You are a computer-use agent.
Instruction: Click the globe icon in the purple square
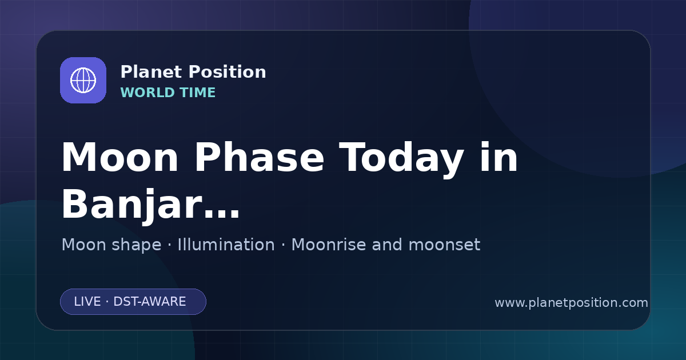pyautogui.click(x=83, y=80)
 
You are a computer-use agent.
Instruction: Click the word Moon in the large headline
pyautogui.click(x=119, y=158)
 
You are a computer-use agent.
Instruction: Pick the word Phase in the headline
pyautogui.click(x=259, y=158)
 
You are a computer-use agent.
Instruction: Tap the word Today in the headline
pyautogui.click(x=401, y=159)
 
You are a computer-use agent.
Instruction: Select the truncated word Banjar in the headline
pyautogui.click(x=132, y=206)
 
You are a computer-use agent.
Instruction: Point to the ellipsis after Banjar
pyautogui.click(x=222, y=214)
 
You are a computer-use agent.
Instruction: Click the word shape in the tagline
pyautogui.click(x=136, y=246)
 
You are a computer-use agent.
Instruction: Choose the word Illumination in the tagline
pyautogui.click(x=226, y=245)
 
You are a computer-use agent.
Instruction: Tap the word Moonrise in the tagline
pyautogui.click(x=328, y=245)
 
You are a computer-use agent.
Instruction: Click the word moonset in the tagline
pyautogui.click(x=444, y=245)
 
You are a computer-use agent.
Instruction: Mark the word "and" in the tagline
pyautogui.click(x=387, y=245)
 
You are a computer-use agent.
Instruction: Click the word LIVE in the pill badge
pyautogui.click(x=87, y=302)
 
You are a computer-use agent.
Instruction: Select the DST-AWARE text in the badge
pyautogui.click(x=150, y=302)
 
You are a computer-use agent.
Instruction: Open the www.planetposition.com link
pyautogui.click(x=572, y=303)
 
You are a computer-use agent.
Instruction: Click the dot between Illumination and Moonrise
pyautogui.click(x=283, y=245)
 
